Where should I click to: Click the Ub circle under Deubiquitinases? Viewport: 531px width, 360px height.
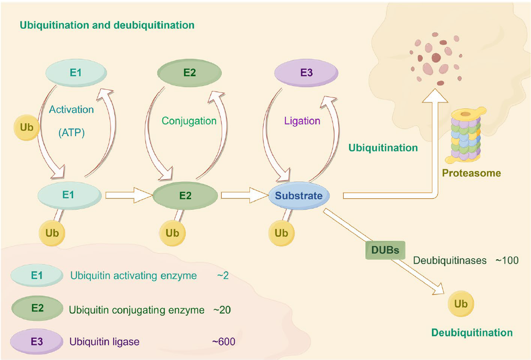(x=460, y=303)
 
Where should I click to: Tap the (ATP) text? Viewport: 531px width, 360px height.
(x=72, y=132)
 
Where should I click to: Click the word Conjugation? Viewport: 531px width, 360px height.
(x=189, y=121)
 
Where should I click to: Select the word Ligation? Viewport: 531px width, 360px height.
(x=302, y=121)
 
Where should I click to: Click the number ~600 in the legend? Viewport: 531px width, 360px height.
(x=224, y=342)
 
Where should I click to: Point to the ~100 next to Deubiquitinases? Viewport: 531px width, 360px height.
(x=506, y=260)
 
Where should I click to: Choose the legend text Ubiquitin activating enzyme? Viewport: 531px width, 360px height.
(x=133, y=276)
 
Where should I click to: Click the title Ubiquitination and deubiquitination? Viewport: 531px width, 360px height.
(x=107, y=25)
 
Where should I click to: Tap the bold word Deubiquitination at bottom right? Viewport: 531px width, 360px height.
(x=472, y=333)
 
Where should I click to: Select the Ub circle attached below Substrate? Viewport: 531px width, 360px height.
(x=281, y=233)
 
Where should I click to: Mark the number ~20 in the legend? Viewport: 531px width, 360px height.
(x=222, y=310)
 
